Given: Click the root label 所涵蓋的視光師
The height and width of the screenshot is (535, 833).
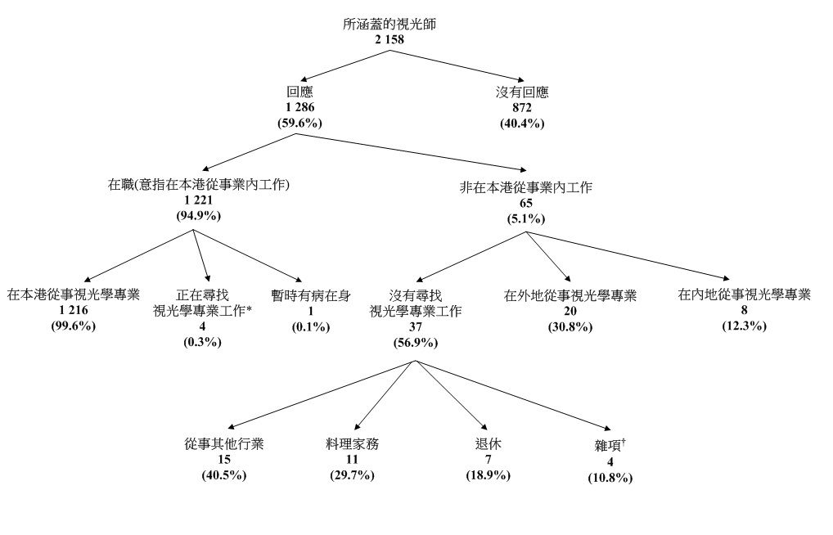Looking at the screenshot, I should (389, 24).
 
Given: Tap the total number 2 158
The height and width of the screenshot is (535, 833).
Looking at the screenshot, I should (389, 38).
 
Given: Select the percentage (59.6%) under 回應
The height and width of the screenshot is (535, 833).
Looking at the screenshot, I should (300, 123).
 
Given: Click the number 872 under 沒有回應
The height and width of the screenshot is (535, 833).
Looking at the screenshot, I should (522, 108).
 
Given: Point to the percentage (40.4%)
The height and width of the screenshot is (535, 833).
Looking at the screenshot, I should (522, 123).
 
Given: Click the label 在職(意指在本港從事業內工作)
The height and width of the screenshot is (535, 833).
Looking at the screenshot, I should (199, 186).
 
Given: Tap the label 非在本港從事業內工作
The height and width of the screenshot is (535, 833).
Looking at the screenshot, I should (527, 187).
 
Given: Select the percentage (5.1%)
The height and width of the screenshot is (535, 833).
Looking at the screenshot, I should (527, 218).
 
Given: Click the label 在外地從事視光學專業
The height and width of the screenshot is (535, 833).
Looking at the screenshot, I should (570, 295).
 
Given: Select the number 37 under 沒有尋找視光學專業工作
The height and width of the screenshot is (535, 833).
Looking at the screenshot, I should (416, 326).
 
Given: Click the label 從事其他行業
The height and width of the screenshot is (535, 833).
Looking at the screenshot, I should (224, 444).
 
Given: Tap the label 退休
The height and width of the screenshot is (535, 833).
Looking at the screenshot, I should (488, 444).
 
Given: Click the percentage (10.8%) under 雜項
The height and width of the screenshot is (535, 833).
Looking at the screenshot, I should (610, 477).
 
